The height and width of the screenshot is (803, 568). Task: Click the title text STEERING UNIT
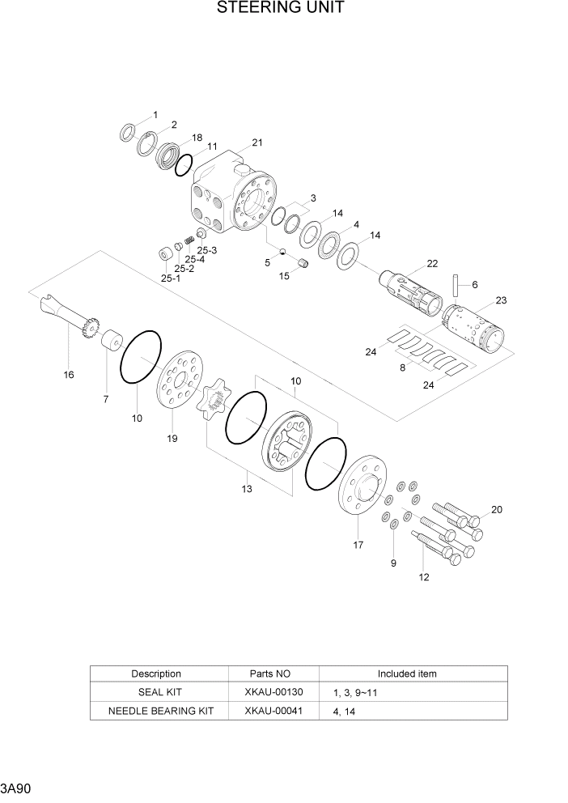click(281, 9)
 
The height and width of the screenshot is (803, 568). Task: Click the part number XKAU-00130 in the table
click(273, 692)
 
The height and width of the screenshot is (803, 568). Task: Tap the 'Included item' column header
click(407, 673)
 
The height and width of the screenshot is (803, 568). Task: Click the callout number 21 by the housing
click(257, 143)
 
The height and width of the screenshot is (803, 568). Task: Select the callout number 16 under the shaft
click(68, 375)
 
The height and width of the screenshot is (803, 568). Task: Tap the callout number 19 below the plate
click(172, 438)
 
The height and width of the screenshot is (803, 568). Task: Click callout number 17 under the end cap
click(358, 545)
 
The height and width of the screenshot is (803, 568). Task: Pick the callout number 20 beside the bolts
click(496, 509)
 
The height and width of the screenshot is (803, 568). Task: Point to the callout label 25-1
click(170, 278)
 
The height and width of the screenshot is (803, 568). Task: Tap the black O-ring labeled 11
click(184, 165)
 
